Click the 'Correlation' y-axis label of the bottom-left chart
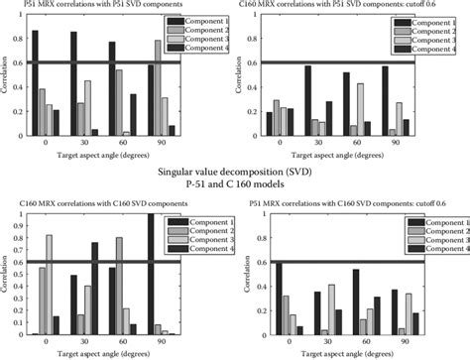tap(7, 278)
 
